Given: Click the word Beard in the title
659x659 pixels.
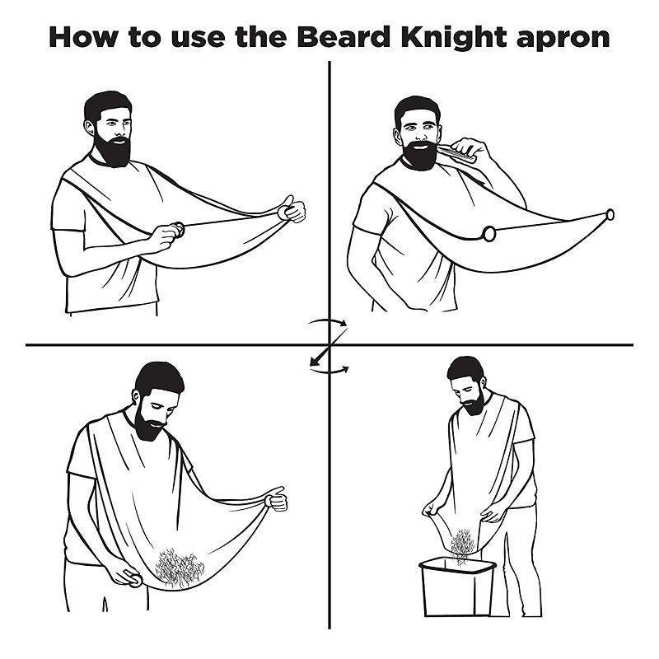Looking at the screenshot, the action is (x=344, y=37).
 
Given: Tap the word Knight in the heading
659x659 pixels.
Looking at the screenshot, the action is (x=454, y=38).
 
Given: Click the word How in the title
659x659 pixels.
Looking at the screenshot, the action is (x=83, y=37).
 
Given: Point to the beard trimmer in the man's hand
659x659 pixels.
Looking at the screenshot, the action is (x=457, y=153).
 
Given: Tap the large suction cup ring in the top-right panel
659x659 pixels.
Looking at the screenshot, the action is (x=489, y=234).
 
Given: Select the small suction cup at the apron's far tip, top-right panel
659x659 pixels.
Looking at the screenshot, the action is (x=610, y=215).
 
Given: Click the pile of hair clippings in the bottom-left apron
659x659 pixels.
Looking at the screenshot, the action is (x=180, y=568).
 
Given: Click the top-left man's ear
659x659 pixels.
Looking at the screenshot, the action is (x=89, y=128).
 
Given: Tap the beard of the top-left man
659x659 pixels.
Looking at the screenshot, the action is (x=112, y=149).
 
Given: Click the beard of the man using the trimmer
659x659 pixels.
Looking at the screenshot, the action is (x=419, y=156).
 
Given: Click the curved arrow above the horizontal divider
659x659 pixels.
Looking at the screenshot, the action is (x=328, y=321).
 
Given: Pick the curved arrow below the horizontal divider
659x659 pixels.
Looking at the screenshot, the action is (x=329, y=370).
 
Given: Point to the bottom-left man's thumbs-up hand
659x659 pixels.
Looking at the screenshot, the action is (x=276, y=499).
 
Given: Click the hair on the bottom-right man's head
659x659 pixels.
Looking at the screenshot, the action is (x=465, y=369).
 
